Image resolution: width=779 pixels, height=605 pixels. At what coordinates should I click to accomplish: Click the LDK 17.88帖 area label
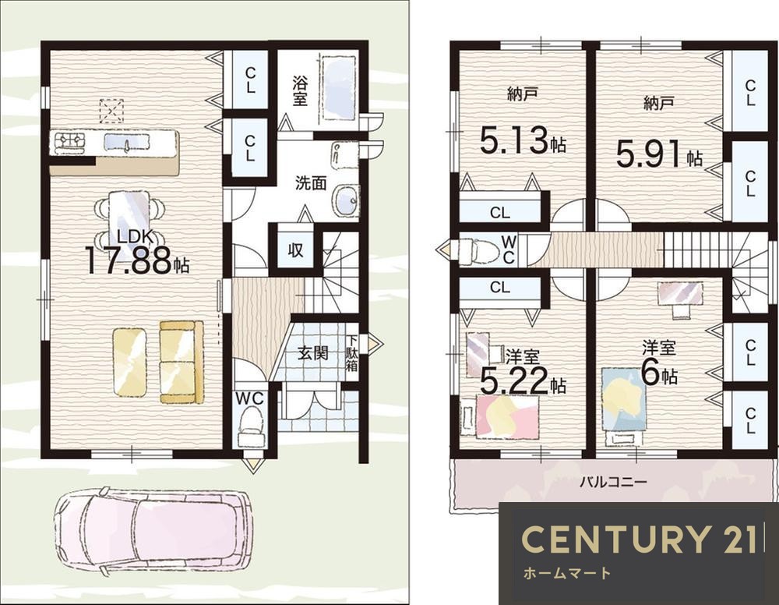pos(137,253)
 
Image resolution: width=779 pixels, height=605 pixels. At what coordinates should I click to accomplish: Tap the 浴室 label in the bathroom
pos(300,90)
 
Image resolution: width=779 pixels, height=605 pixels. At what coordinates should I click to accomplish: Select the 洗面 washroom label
pos(311,183)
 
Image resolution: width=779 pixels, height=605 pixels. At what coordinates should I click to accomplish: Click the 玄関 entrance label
pos(313,353)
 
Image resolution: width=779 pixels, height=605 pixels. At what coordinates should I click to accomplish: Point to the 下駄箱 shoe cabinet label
pos(352,353)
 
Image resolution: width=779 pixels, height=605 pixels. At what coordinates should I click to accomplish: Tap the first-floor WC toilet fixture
pos(251,426)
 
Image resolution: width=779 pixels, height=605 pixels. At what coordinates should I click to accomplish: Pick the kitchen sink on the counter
pos(127,142)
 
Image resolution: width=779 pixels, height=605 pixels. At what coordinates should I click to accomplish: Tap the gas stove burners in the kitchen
pos(70,140)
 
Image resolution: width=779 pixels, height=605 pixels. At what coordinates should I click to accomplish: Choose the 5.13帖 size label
pos(523,140)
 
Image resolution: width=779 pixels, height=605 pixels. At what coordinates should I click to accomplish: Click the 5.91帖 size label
pos(659,154)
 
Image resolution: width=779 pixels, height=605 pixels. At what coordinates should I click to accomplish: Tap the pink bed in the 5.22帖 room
pos(507,416)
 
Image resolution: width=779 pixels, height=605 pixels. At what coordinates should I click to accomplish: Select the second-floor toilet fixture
pos(478,250)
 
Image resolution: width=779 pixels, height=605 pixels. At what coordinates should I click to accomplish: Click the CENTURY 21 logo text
pos(640,540)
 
